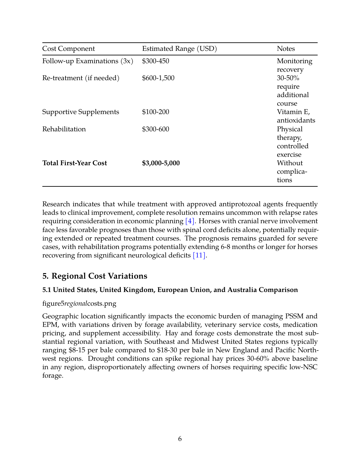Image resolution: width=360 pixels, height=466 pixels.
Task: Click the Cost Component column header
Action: pyautogui.click(x=68, y=49)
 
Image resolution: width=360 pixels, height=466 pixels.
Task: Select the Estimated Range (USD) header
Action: pyautogui.click(x=179, y=49)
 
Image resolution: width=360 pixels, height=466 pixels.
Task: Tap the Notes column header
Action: pyautogui.click(x=286, y=49)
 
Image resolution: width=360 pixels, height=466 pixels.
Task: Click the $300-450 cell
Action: pyautogui.click(x=155, y=61)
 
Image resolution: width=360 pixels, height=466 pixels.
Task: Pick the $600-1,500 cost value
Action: pyautogui.click(x=158, y=78)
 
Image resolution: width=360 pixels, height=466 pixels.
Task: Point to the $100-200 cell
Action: pyautogui.click(x=155, y=112)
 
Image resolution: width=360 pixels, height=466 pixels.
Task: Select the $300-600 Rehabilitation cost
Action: pyautogui.click(x=155, y=129)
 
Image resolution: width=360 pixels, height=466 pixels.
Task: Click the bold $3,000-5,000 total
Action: pyautogui.click(x=161, y=163)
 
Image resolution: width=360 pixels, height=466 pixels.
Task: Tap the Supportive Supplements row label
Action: pyautogui.click(x=80, y=112)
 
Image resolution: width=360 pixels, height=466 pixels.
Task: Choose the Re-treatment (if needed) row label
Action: pyautogui.click(x=81, y=78)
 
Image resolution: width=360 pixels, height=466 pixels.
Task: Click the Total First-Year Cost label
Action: pyautogui.click(x=75, y=163)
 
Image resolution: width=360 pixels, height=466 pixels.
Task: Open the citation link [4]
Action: pyautogui.click(x=190, y=221)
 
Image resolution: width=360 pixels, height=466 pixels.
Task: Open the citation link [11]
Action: pyautogui.click(x=199, y=255)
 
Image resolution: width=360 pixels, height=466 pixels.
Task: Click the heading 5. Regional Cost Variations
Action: pyautogui.click(x=95, y=276)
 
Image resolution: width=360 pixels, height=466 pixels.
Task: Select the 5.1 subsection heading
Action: pyautogui.click(x=170, y=290)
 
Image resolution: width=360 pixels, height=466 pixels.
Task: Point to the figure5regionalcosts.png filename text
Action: pyautogui.click(x=79, y=304)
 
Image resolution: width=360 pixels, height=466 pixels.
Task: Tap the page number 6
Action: pyautogui.click(x=180, y=439)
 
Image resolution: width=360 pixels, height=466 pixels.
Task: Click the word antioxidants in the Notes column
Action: pyautogui.click(x=296, y=121)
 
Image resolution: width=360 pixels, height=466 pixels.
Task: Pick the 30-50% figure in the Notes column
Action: pyautogui.click(x=288, y=78)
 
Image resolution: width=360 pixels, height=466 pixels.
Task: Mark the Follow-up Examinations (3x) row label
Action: pyautogui.click(x=88, y=61)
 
